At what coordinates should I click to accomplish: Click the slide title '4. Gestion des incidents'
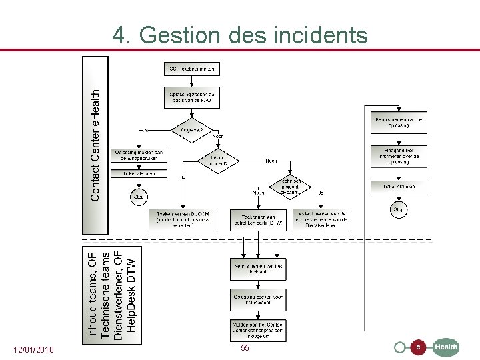[x=240, y=35]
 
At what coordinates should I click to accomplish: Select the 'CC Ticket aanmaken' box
[x=191, y=69]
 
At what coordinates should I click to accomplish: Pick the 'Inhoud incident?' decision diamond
[x=218, y=161]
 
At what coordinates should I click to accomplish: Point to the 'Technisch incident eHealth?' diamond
[x=291, y=187]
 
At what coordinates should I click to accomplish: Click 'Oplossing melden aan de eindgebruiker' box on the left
[x=139, y=155]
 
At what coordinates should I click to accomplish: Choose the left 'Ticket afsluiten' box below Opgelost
[x=139, y=173]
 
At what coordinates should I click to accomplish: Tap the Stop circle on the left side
[x=139, y=197]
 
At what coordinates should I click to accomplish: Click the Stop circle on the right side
[x=398, y=209]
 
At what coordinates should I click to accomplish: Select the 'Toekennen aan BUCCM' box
[x=183, y=220]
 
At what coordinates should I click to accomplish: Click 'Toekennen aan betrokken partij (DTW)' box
[x=258, y=220]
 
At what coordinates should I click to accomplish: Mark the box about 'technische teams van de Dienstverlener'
[x=321, y=220]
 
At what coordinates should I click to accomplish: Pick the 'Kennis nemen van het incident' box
[x=259, y=269]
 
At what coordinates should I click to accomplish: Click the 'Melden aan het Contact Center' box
[x=259, y=329]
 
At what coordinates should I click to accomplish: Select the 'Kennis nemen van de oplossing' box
[x=398, y=122]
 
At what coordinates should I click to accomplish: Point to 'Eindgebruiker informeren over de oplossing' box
[x=398, y=157]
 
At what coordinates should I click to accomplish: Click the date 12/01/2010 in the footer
[x=34, y=350]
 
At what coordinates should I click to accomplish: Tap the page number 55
[x=245, y=348]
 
